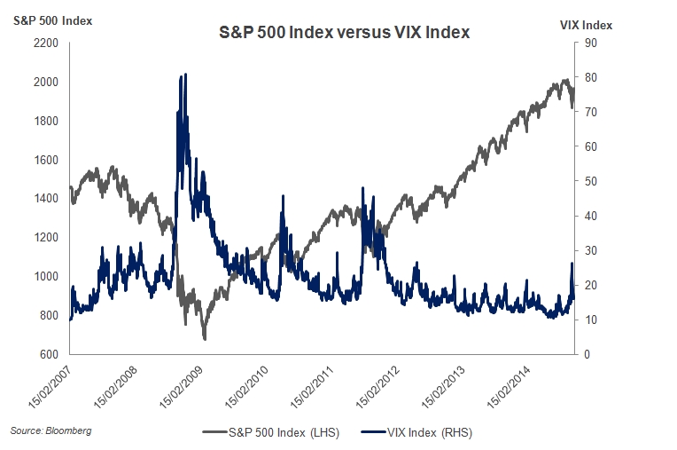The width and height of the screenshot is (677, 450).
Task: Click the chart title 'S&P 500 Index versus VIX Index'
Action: [x=344, y=33]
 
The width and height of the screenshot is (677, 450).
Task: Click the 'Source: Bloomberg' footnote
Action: [x=51, y=430]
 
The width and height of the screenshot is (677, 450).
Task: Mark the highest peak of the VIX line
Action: [x=183, y=75]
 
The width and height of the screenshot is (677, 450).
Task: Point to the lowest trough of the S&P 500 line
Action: [x=205, y=339]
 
